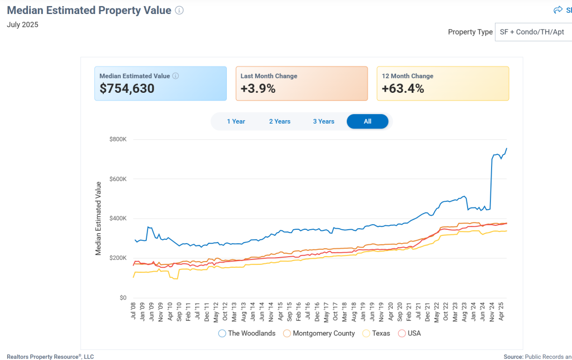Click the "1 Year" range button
(236, 121)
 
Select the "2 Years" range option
(279, 121)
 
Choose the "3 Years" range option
(323, 121)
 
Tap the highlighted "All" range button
(368, 121)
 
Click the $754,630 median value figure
(127, 88)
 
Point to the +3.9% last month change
(258, 88)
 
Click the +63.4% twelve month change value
(402, 88)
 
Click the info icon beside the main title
(179, 11)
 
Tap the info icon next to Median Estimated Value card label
(175, 76)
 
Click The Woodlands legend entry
(247, 333)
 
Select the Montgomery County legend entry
(319, 333)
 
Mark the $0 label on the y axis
(122, 298)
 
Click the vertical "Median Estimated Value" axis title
(98, 219)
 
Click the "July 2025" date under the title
(22, 25)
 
